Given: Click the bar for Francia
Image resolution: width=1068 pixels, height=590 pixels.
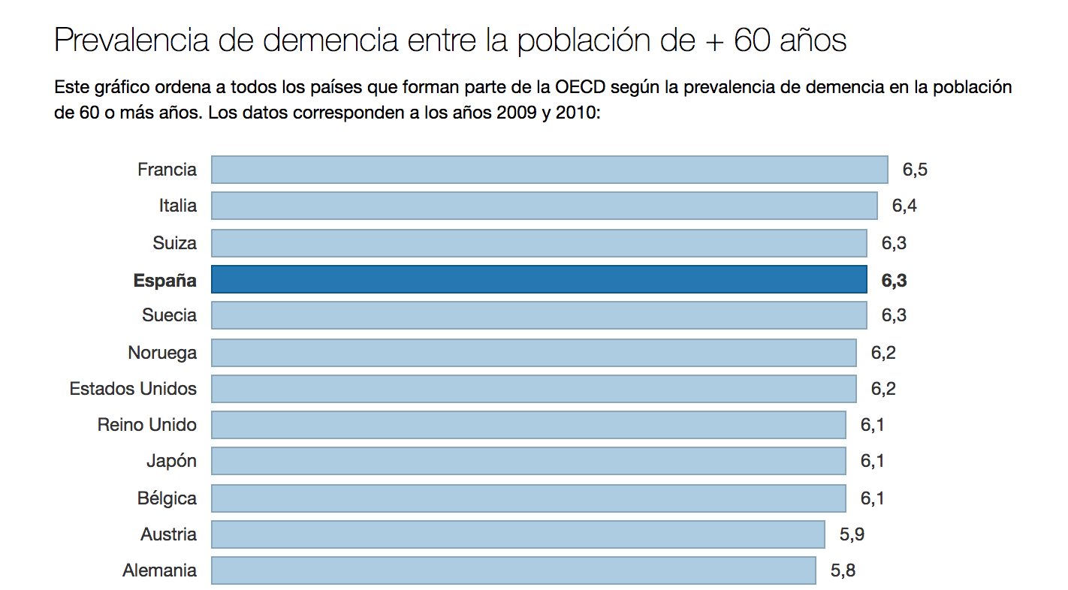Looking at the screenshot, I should (x=549, y=170).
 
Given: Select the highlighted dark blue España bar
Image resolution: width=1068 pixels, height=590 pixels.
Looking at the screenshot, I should (x=539, y=279).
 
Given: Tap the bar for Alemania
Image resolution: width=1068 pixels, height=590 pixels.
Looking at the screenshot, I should (x=513, y=570).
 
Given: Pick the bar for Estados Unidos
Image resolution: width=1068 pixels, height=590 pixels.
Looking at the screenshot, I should (x=533, y=389).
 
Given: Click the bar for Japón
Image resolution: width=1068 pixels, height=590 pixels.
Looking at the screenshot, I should (x=528, y=461).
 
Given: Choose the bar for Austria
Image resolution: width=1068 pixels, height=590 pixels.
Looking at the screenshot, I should (x=517, y=534).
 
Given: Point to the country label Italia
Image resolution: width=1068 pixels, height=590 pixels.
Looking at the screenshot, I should (x=178, y=206).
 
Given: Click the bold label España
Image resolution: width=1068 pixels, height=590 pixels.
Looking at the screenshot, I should (x=165, y=280).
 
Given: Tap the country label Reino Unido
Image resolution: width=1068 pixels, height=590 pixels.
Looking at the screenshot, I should (x=147, y=425).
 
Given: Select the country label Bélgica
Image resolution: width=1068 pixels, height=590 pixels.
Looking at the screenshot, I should (x=167, y=498).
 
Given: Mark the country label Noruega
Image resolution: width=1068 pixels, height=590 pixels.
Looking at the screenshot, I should (x=162, y=353).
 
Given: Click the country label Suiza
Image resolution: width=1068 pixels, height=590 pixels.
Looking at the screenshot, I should (x=174, y=243).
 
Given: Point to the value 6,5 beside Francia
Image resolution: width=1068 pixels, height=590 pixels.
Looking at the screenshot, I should (x=915, y=170).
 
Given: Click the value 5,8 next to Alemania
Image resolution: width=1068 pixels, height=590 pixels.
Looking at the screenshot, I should (x=843, y=570).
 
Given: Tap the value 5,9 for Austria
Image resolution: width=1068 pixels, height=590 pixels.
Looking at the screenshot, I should (x=852, y=534).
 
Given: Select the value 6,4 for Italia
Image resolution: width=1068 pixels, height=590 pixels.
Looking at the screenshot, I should (x=904, y=206).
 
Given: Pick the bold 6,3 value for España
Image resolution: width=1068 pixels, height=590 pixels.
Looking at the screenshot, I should (x=894, y=280).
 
